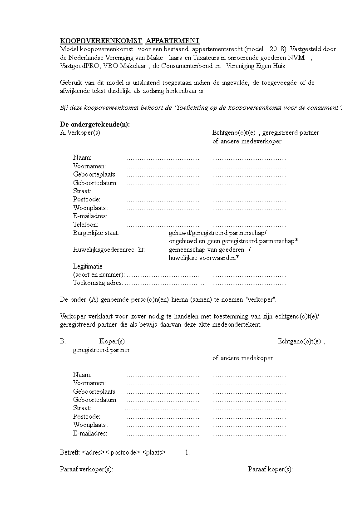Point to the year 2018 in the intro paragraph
277,49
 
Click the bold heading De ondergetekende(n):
95,125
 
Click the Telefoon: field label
85,225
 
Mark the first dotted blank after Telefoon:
162,225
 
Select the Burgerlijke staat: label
96,233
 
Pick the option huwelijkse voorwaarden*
204,258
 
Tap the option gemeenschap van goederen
207,250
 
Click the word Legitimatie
88,266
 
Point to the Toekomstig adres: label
98,283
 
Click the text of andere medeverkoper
247,141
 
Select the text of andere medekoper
242,358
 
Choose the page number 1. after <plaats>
187,453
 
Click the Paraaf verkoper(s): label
86,469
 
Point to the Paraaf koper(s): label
270,469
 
